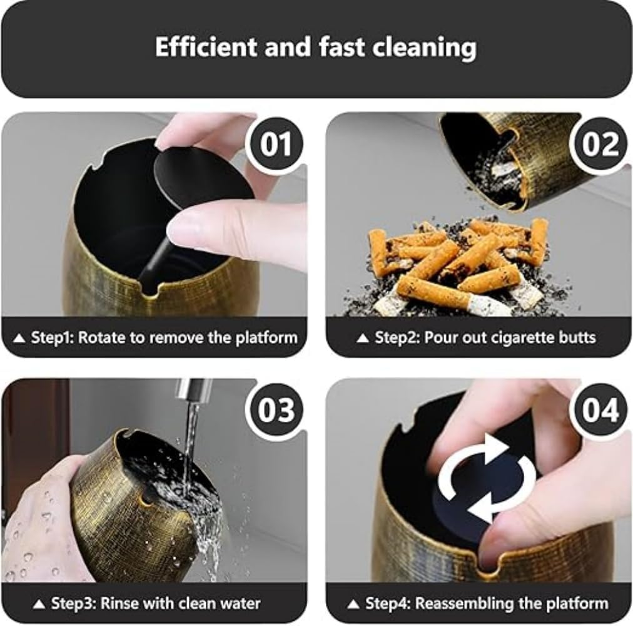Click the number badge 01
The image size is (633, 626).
pyautogui.click(x=276, y=144)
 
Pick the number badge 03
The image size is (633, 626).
pyautogui.click(x=276, y=411)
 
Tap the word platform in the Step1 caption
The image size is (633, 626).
pyautogui.click(x=267, y=337)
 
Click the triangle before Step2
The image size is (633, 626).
pyautogui.click(x=362, y=338)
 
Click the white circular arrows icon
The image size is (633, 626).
pyautogui.click(x=488, y=479)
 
